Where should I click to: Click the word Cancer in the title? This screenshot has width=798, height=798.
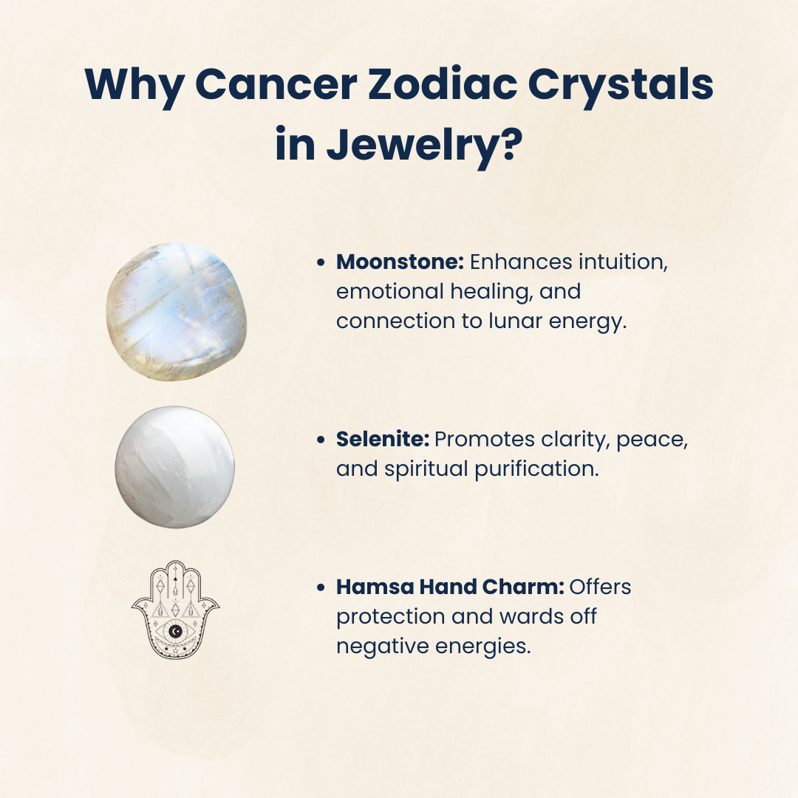tap(276, 84)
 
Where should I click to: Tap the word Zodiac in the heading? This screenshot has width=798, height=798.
tap(442, 83)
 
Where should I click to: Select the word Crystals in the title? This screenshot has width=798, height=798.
tap(620, 87)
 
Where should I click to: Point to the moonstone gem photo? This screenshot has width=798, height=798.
tap(177, 312)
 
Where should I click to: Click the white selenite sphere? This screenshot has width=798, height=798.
tap(175, 467)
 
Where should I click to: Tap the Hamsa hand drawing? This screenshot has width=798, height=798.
tap(176, 610)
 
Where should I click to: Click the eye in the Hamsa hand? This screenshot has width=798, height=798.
tap(176, 632)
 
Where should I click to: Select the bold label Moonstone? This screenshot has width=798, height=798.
tap(400, 262)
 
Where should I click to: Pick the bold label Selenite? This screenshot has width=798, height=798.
tap(383, 439)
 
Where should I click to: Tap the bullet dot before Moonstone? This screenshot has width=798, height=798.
tap(321, 262)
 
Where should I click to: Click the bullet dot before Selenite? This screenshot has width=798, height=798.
tap(321, 440)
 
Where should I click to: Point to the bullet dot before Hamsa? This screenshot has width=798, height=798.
tap(321, 588)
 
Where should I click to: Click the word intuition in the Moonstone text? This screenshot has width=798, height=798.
tap(623, 262)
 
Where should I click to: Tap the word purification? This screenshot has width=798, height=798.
tap(537, 469)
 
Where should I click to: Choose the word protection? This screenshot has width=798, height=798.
tap(390, 617)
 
